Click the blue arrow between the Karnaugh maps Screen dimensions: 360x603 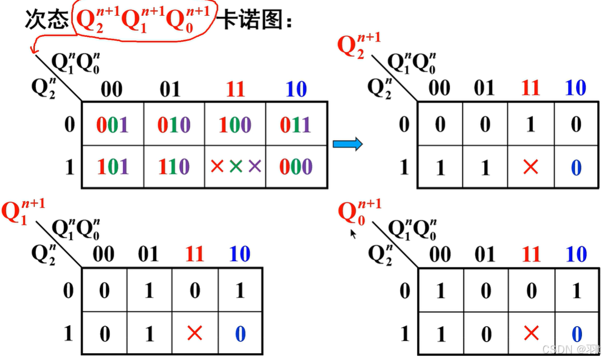(x=348, y=143)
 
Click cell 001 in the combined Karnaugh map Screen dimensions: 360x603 (x=112, y=125)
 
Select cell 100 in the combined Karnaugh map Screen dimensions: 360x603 (x=235, y=125)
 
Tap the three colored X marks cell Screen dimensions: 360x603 (x=235, y=167)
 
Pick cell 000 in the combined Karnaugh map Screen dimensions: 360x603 (x=295, y=167)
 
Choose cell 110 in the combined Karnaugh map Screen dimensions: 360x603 (x=174, y=167)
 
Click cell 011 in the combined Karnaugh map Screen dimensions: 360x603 (x=295, y=125)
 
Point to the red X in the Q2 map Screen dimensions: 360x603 (x=531, y=167)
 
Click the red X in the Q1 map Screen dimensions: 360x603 (x=195, y=333)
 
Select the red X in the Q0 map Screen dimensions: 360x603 (x=531, y=333)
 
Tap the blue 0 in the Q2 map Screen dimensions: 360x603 (x=576, y=167)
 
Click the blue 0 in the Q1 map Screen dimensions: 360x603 (x=240, y=333)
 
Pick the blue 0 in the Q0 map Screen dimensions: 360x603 (x=576, y=333)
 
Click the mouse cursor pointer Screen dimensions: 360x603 (x=353, y=233)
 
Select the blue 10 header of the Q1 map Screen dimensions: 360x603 (x=239, y=255)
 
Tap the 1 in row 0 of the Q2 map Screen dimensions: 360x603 (x=531, y=125)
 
